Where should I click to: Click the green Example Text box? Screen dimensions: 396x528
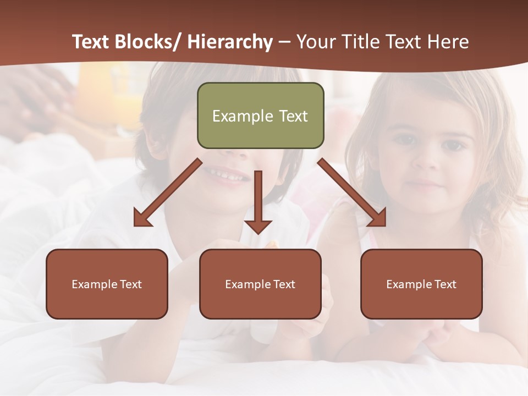tap(260, 116)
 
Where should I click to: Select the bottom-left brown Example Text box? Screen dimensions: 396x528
tap(107, 284)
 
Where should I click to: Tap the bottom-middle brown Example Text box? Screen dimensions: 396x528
tap(260, 284)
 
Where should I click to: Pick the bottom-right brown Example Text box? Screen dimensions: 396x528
tap(421, 284)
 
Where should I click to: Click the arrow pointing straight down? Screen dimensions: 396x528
tap(258, 204)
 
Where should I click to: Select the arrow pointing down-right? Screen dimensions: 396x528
tap(352, 193)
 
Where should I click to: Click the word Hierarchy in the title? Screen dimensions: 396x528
tap(230, 42)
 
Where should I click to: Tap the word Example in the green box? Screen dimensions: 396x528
tap(242, 116)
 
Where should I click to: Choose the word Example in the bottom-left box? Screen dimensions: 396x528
tap(95, 284)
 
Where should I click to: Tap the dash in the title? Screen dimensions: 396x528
tap(284, 42)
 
